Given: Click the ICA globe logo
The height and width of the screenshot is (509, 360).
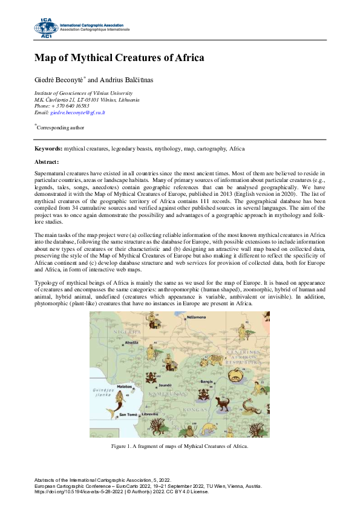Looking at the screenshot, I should click(x=45, y=27).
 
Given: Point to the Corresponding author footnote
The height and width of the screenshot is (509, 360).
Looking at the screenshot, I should click(x=61, y=128).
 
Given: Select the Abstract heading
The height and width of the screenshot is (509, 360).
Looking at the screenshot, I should click(x=47, y=162).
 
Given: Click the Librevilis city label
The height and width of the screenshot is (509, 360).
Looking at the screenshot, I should click(x=151, y=414).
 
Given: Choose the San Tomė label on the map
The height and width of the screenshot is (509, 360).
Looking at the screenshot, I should click(x=128, y=415).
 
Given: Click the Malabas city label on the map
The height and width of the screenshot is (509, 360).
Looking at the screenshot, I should click(x=125, y=386).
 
